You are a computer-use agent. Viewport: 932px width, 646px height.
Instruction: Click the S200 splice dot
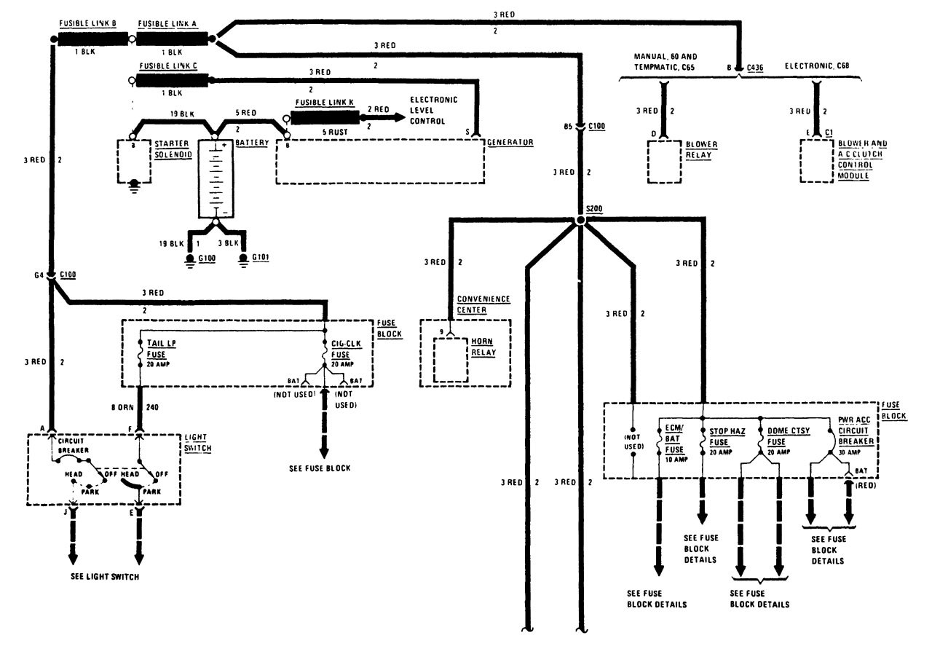point(580,220)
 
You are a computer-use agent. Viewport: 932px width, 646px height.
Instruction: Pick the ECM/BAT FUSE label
point(674,439)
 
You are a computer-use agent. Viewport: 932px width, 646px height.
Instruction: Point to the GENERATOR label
point(513,142)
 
